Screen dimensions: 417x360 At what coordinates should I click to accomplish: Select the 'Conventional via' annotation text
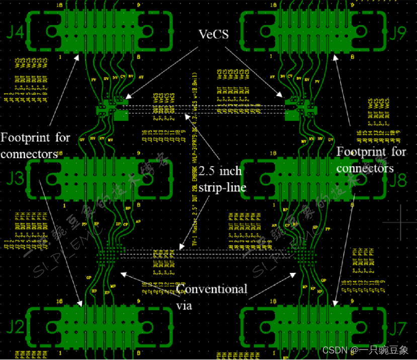point(212,297)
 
